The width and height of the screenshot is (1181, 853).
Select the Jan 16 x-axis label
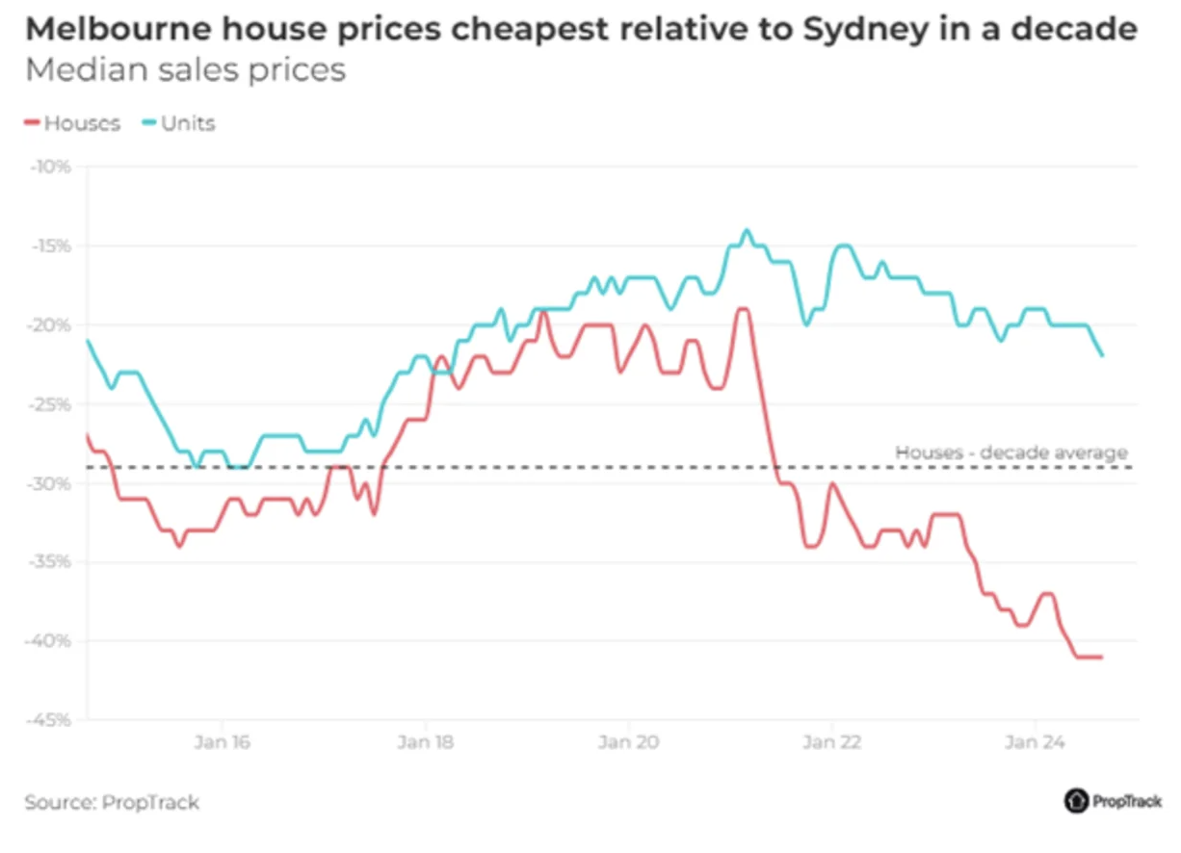[x=222, y=742]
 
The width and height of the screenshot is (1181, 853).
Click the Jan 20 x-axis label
[x=628, y=742]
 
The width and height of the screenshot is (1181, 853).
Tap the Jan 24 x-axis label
[x=1034, y=742]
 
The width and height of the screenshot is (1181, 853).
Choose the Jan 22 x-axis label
[x=831, y=742]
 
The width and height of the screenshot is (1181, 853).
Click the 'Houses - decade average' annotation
[x=1010, y=452]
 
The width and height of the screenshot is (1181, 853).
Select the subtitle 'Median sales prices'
[x=185, y=71]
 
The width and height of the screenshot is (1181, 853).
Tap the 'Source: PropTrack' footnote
[x=112, y=802]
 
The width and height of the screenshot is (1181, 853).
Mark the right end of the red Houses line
[x=1101, y=657]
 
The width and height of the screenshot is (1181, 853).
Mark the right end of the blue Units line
[x=1102, y=355]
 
